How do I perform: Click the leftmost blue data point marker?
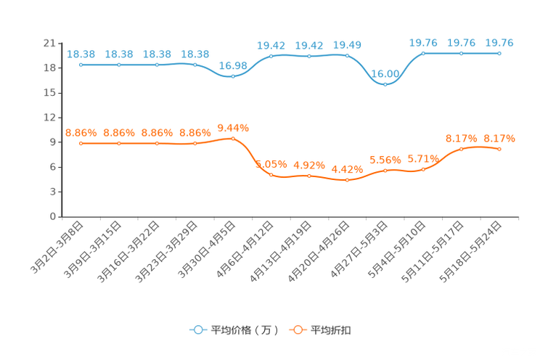[x=81, y=65]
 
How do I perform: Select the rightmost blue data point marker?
[x=499, y=53]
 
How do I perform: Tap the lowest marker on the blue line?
[x=385, y=84]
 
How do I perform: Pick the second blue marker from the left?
[x=119, y=65]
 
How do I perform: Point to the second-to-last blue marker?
[x=462, y=53]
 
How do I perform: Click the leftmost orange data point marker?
[x=81, y=144]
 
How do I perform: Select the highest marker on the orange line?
[x=233, y=138]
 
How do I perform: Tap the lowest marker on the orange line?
[x=348, y=180]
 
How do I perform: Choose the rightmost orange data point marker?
[x=499, y=149]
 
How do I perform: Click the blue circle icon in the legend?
[x=197, y=330]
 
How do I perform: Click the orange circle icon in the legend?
[x=298, y=330]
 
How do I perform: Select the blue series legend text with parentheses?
[x=245, y=330]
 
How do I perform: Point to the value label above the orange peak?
[x=233, y=128]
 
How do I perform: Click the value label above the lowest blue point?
[x=385, y=73]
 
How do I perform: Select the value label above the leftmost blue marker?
[x=81, y=54]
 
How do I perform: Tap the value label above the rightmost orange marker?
[x=499, y=138]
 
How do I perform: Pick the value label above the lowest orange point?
[x=348, y=169]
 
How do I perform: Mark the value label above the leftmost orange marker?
[x=81, y=133]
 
